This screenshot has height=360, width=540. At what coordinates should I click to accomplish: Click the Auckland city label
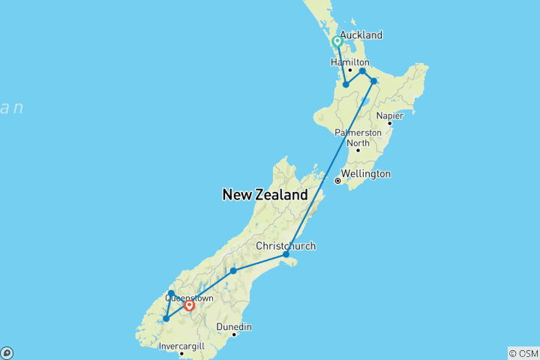point(361,35)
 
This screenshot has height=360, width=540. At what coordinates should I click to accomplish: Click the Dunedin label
point(234,327)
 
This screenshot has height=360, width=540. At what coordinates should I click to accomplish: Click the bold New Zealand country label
point(265,195)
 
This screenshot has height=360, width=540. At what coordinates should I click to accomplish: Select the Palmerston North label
point(358,138)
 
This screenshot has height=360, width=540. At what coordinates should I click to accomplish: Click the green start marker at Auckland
point(337,42)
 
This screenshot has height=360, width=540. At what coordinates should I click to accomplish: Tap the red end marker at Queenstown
point(189,305)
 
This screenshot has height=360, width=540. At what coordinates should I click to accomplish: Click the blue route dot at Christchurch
point(286,255)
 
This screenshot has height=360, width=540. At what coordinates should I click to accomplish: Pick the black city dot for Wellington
point(338,181)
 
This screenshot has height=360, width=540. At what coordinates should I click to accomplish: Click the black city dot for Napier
point(389,123)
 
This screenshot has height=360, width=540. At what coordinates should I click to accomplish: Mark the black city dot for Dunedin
point(234,334)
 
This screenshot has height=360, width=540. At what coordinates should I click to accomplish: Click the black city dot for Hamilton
point(350,70)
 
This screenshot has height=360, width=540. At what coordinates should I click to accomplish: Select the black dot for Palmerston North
point(358,150)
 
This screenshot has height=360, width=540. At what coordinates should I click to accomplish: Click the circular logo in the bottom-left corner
point(6,352)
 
